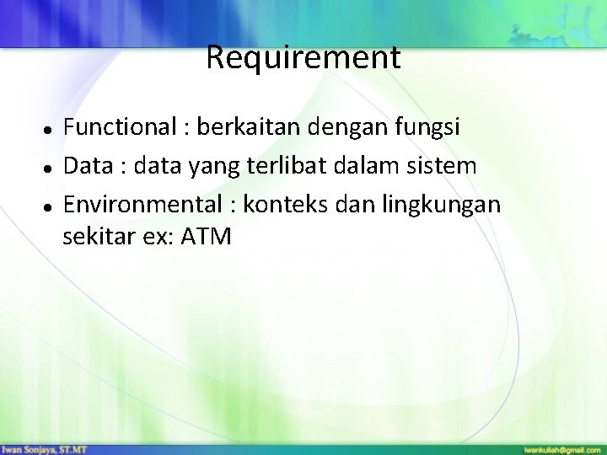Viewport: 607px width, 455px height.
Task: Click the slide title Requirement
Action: pos(303,58)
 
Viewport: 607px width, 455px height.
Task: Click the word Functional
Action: pos(117,128)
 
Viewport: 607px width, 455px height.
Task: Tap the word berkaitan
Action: pos(240,128)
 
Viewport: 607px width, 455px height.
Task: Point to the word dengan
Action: pos(340,130)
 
